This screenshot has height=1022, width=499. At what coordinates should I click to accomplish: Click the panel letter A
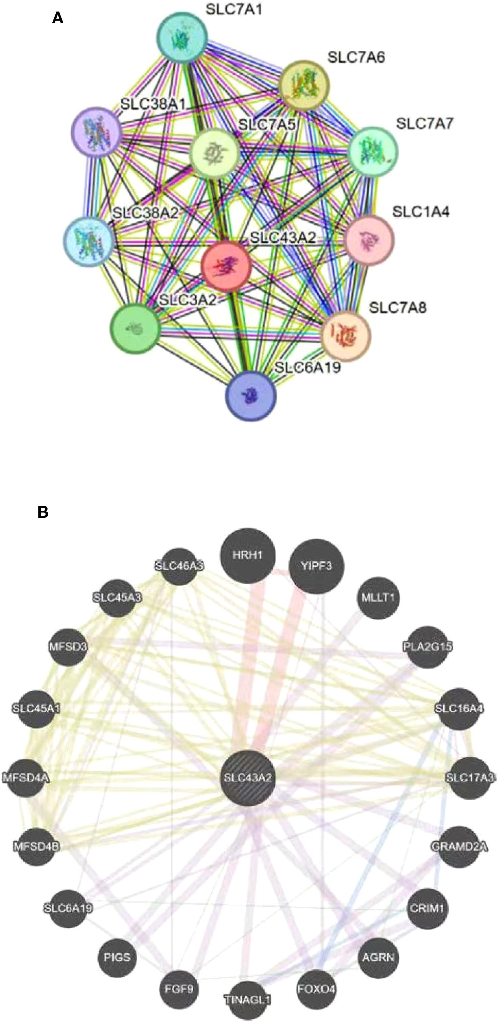[x=58, y=18]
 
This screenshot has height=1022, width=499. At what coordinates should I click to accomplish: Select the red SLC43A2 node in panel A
[x=226, y=266]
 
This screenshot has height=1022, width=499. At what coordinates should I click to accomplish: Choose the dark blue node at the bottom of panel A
[x=251, y=396]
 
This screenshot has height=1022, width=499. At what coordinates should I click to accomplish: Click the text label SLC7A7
[x=424, y=124]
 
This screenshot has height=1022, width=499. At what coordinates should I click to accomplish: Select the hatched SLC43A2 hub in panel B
[x=248, y=777]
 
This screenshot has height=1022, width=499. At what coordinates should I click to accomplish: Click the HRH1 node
[x=248, y=555]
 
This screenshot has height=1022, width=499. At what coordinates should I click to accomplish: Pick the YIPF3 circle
[x=316, y=566]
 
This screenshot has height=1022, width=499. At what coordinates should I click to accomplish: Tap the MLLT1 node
[x=378, y=598]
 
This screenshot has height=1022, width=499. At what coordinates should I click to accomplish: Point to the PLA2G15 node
[x=427, y=647]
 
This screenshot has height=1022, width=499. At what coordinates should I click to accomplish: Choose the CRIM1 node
[x=427, y=907]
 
